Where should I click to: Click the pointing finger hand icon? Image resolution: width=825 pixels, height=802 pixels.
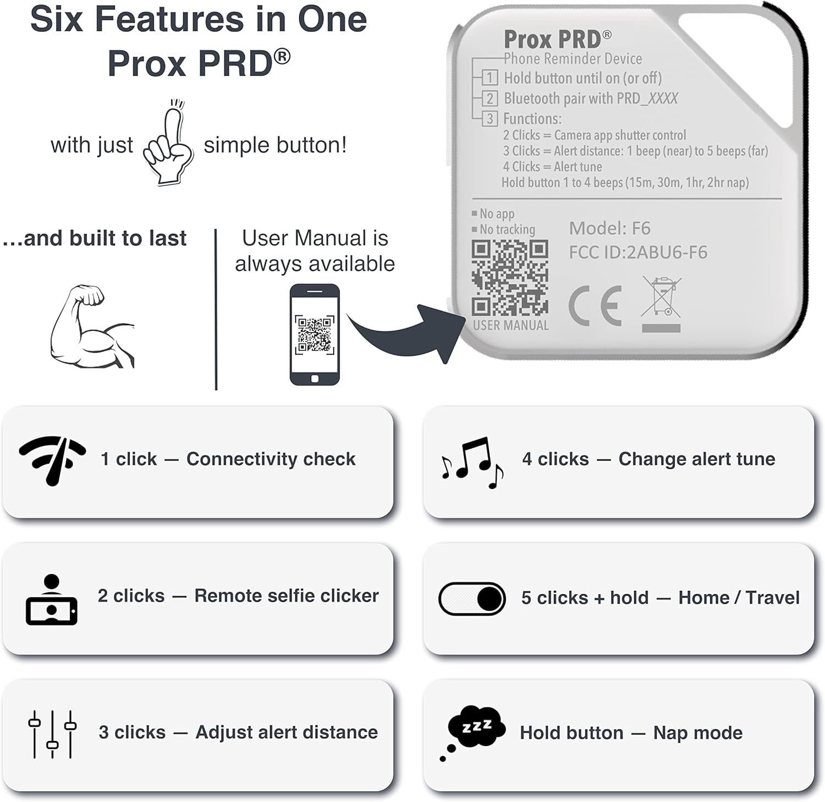pos(168,144)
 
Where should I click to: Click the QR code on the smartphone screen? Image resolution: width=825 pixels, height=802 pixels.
pos(315,334)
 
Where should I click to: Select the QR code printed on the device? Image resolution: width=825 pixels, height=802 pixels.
pos(510,278)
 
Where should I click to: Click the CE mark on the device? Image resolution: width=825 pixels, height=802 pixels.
pos(595,306)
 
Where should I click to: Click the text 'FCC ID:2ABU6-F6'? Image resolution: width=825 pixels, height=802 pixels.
pos(638,252)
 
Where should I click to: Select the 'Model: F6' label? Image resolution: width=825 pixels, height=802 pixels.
pos(609,228)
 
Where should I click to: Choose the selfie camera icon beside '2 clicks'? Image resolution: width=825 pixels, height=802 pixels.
pos(52,600)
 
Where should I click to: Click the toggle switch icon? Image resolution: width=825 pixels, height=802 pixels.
pos(472,598)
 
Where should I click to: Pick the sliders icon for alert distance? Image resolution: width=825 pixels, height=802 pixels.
pos(52,734)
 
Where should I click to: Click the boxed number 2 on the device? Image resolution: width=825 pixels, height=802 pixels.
pos(490,98)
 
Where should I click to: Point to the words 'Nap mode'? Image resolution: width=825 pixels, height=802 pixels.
pos(697,733)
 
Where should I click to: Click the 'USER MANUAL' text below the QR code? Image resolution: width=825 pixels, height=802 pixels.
pos(510,326)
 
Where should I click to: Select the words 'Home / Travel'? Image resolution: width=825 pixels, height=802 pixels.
pos(739,598)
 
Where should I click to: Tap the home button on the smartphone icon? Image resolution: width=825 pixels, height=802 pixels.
pos(315,378)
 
